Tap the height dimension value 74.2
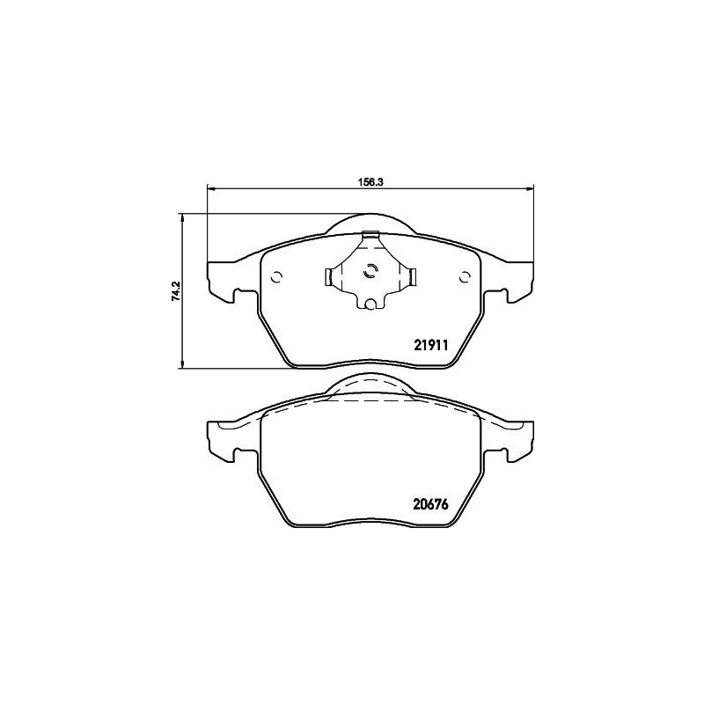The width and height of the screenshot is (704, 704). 176,291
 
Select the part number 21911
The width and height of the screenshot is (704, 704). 432,346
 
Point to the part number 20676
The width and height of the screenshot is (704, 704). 432,505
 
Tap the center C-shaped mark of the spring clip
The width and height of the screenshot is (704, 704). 370,271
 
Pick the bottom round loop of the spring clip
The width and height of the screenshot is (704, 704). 371,305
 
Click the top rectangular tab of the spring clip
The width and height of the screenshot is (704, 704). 370,234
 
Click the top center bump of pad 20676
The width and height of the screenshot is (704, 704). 370,384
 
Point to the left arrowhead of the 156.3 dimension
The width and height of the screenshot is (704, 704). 209,187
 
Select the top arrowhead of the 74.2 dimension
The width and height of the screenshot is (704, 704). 181,216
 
